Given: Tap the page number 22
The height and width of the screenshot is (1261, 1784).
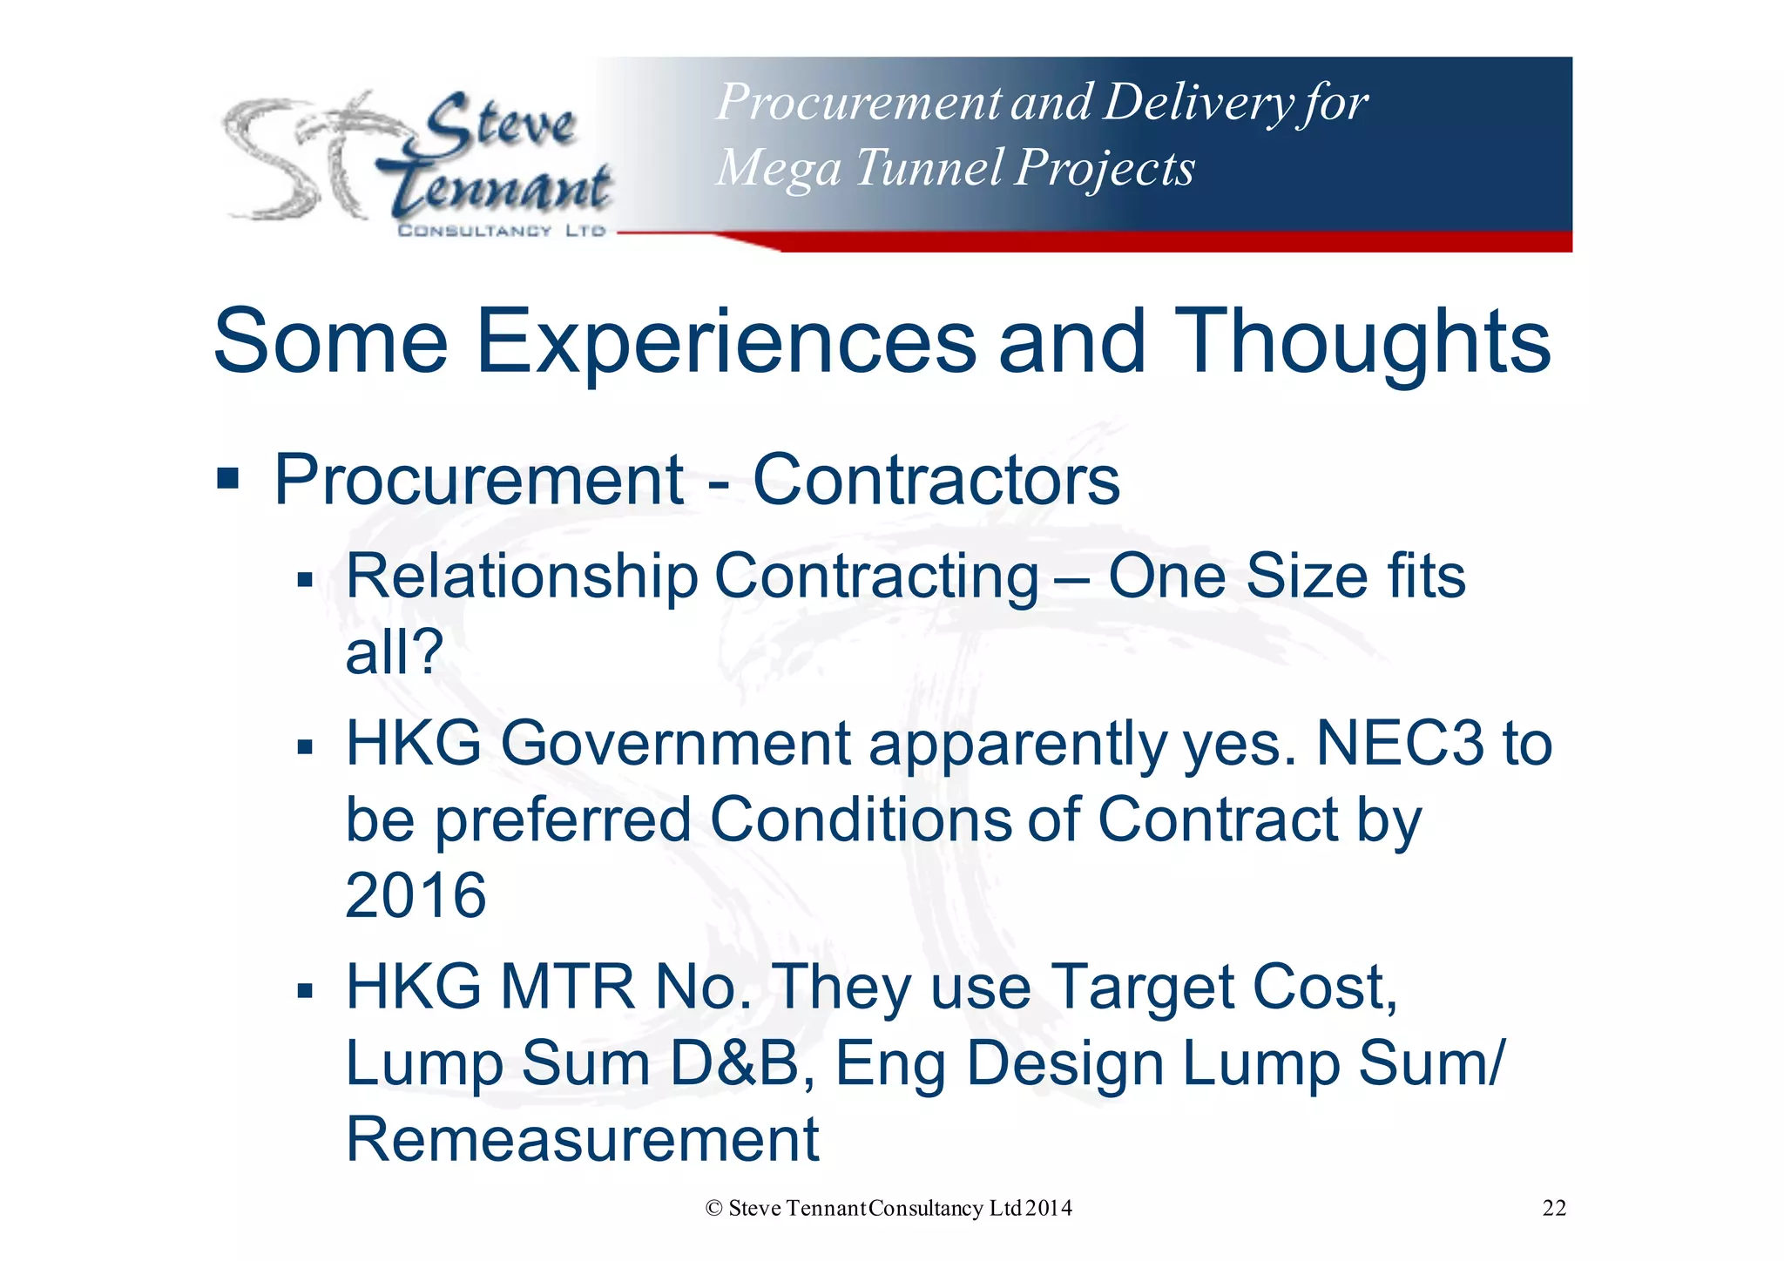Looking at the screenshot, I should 1554,1208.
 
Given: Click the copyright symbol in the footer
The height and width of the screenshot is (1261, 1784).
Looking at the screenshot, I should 714,1208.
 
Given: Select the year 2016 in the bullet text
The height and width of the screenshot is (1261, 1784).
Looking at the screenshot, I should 416,895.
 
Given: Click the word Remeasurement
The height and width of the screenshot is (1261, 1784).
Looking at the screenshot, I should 582,1139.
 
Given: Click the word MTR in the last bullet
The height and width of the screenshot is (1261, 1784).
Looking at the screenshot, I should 567,988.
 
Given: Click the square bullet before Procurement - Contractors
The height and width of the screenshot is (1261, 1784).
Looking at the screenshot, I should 228,478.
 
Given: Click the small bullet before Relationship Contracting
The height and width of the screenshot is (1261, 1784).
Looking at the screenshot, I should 304,579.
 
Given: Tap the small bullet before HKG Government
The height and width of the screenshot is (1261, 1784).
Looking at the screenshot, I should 304,746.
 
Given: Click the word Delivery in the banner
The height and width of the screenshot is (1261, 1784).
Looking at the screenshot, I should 1198,102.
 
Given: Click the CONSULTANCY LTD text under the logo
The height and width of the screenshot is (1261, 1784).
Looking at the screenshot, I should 501,231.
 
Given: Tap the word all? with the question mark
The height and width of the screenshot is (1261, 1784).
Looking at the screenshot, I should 394,652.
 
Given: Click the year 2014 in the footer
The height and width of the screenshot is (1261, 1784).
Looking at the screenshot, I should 1049,1208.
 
